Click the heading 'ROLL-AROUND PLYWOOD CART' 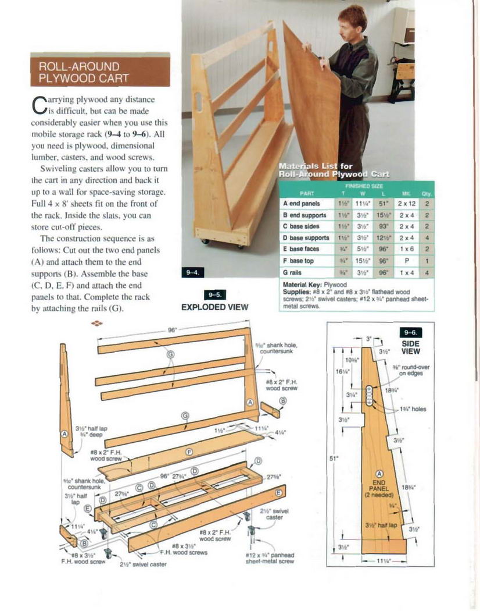coord(99,72)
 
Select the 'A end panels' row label coord(302,204)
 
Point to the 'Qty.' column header coord(427,193)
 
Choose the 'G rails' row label coord(292,272)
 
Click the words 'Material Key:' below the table coord(302,285)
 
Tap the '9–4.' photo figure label coord(192,272)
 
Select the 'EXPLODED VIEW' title coord(215,307)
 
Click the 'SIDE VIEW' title coord(411,347)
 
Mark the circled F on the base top coord(189,452)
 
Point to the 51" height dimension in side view coord(334,459)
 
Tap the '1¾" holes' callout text coord(413,409)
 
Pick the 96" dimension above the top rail coord(172,330)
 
